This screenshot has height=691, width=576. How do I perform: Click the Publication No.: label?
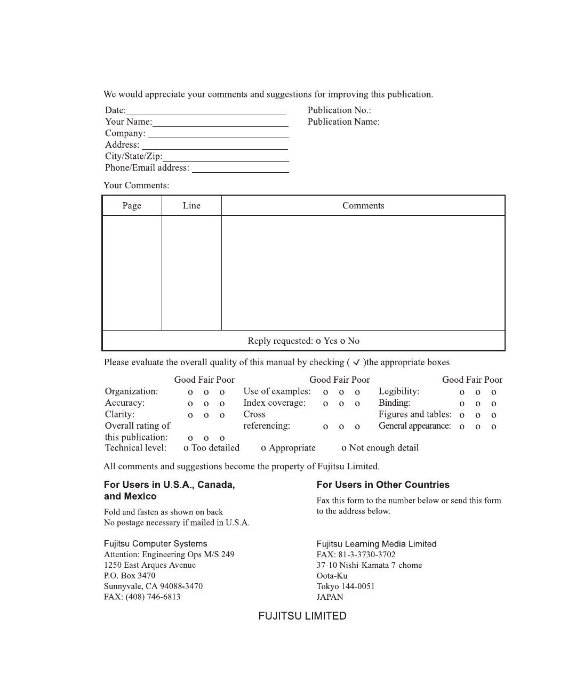pos(339,110)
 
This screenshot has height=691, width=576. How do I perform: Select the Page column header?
pos(132,206)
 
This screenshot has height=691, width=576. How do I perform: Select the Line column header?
pos(191,206)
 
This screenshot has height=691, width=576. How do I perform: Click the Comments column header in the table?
pos(363,206)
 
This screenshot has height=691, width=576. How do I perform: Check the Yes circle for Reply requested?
pos(318,341)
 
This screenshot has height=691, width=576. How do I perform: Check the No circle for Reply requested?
pos(342,341)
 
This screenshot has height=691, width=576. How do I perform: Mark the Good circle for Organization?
pos(190,392)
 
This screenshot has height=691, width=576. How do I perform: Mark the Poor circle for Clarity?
pos(222,415)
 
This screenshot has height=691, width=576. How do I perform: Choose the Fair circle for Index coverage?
pos(341,404)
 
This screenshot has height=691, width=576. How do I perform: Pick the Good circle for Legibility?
pos(462,392)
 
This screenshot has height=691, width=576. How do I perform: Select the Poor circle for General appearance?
pos(494,427)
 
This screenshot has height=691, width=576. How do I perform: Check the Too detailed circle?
pos(186,448)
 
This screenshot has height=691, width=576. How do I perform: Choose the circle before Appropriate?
pos(263,448)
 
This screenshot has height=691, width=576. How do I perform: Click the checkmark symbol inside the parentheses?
pos(356,363)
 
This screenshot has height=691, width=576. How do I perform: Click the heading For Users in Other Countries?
pos(383,485)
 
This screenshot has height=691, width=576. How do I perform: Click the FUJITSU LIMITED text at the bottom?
pos(302,616)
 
